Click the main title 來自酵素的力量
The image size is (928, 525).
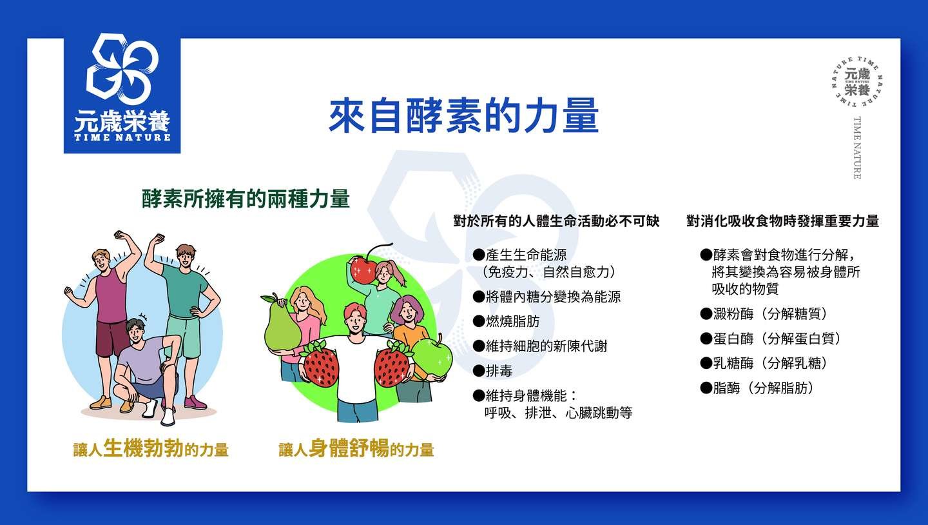click(463, 115)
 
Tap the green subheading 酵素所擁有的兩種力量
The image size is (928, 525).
click(246, 199)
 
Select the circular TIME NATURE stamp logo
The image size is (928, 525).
click(857, 82)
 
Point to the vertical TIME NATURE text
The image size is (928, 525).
click(857, 148)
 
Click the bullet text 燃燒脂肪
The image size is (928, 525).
click(507, 321)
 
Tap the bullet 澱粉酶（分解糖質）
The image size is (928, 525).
click(764, 313)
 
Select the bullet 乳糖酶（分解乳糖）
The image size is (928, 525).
click(764, 363)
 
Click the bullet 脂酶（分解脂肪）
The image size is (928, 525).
click(757, 388)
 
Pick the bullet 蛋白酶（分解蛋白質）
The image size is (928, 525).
click(771, 339)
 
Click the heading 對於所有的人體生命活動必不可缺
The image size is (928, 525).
click(556, 221)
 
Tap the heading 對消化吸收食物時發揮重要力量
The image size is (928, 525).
click(782, 221)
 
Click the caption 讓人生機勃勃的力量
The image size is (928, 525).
click(151, 448)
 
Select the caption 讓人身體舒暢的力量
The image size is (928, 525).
click(356, 448)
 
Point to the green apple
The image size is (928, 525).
click(432, 357)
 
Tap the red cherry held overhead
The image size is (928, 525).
click(363, 269)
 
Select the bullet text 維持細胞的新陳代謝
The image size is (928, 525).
click(540, 346)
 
